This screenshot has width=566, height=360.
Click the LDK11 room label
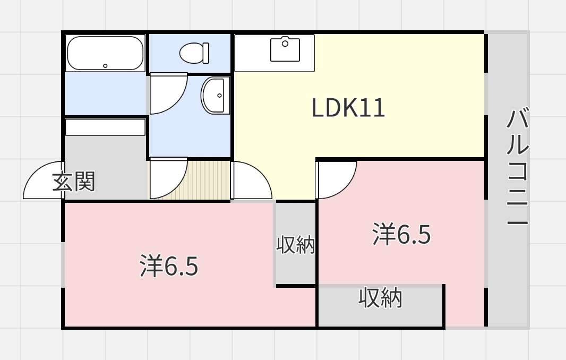tap(348, 109)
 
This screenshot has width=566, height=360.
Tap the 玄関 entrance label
tap(74, 182)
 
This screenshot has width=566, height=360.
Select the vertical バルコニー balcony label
tap(517, 168)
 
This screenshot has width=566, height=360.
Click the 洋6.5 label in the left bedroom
tap(169, 267)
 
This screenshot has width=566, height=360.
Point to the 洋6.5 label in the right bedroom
tap(401, 235)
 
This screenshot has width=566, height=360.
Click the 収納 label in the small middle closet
tap(296, 245)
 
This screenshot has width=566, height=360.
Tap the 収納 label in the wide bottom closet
tap(380, 298)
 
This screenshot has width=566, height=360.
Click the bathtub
tap(105, 53)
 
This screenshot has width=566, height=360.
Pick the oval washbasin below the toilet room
tap(215, 96)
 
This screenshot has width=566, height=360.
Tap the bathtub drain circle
tap(105, 66)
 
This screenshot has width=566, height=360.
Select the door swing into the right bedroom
tap(336, 178)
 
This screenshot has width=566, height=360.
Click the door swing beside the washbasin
tap(167, 94)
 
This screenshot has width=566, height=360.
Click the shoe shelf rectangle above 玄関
tap(105, 127)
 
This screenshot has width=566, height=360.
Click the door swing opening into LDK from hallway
tap(251, 181)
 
